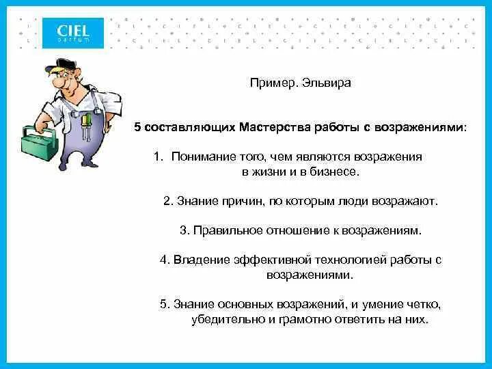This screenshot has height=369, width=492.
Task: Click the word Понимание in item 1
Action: (x=201, y=156)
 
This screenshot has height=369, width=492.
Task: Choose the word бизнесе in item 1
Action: (x=335, y=172)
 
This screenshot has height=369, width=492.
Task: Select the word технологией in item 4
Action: (x=352, y=260)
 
